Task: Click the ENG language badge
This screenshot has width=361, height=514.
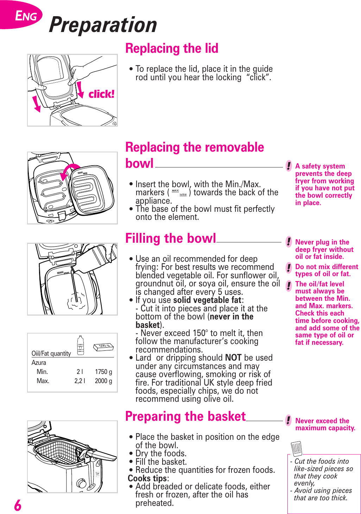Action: click(25, 16)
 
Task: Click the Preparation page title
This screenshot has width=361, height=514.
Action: click(103, 25)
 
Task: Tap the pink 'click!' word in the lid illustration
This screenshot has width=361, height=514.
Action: click(101, 94)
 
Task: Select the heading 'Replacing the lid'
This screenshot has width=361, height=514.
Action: click(172, 49)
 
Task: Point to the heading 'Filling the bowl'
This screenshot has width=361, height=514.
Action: click(171, 239)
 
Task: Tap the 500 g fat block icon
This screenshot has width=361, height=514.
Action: click(103, 347)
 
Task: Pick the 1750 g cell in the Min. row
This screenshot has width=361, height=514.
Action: click(103, 372)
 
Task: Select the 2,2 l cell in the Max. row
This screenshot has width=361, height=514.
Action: click(80, 381)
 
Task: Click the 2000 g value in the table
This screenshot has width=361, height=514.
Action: click(103, 381)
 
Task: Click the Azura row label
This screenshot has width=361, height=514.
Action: click(39, 363)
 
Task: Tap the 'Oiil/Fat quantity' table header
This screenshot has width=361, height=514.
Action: click(51, 354)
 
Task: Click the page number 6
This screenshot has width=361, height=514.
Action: click(18, 505)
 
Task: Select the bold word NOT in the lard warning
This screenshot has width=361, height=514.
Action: click(233, 358)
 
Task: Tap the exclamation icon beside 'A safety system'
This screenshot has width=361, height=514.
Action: click(289, 166)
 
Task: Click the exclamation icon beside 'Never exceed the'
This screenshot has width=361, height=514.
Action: click(289, 420)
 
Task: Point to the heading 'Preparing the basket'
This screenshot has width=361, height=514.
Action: click(185, 417)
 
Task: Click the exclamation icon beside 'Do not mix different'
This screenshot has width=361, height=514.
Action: click(289, 267)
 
